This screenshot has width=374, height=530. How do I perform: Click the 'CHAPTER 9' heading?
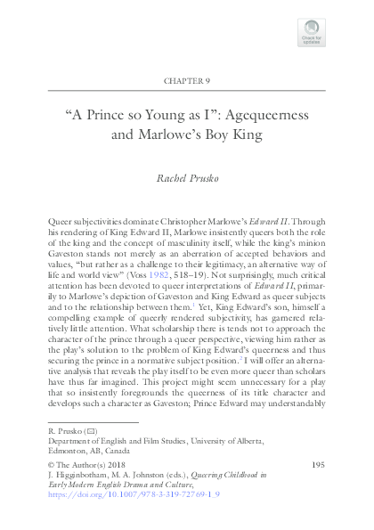coord(187,80)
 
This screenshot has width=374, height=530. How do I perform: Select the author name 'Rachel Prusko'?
coord(187,178)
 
